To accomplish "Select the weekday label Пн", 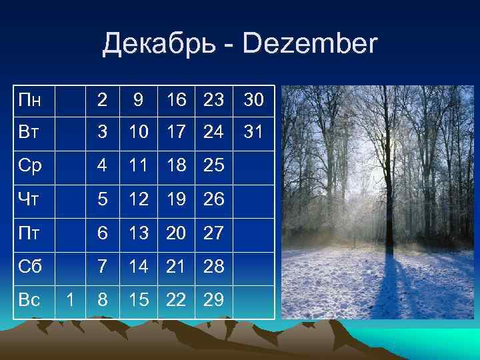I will click(x=29, y=101).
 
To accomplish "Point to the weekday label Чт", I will click(x=29, y=199).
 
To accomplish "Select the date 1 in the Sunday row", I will click(x=71, y=301).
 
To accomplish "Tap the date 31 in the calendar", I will click(x=253, y=132).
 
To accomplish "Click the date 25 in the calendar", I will click(x=213, y=166).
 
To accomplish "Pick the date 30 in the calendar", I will click(x=253, y=101).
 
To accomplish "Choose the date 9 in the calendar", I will click(x=137, y=101).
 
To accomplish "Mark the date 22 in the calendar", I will click(x=177, y=301).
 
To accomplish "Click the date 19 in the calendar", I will click(x=177, y=199).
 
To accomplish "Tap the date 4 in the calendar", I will click(x=102, y=166).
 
